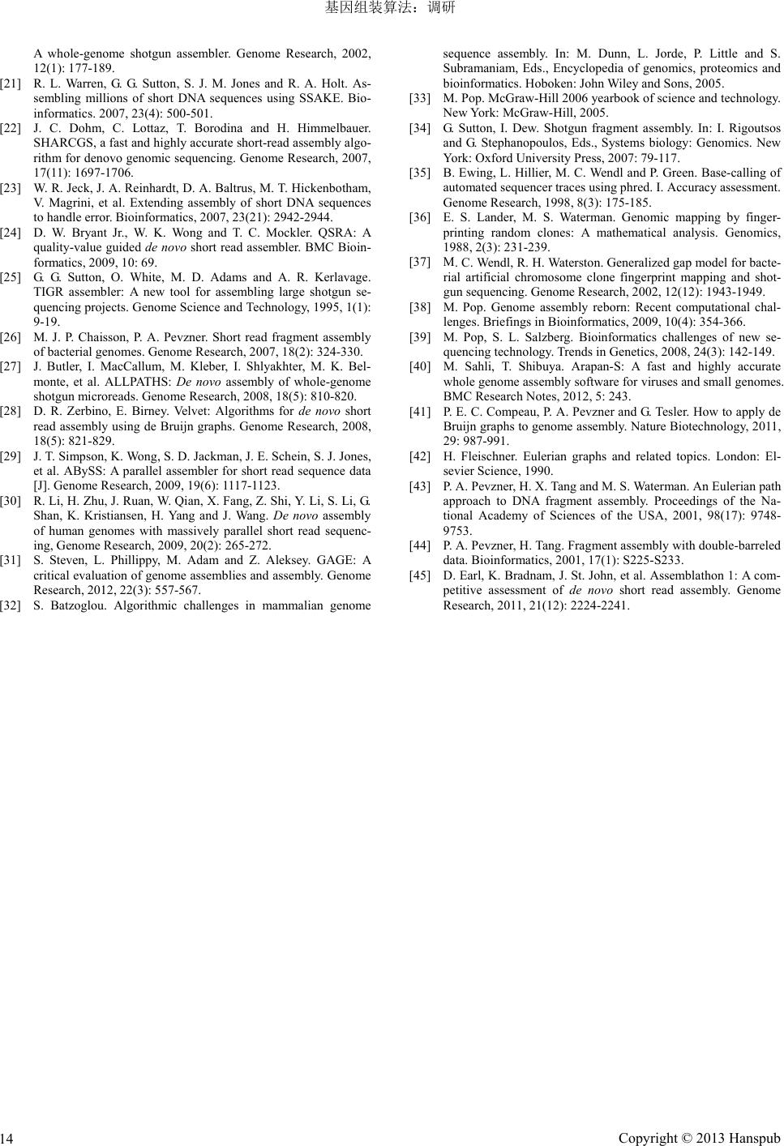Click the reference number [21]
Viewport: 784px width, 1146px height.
11,83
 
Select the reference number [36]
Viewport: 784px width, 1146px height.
420,218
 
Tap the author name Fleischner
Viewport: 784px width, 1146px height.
488,455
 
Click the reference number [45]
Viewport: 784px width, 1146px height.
420,575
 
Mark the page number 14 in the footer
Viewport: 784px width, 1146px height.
7,1139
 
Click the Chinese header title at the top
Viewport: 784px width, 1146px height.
391,8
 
